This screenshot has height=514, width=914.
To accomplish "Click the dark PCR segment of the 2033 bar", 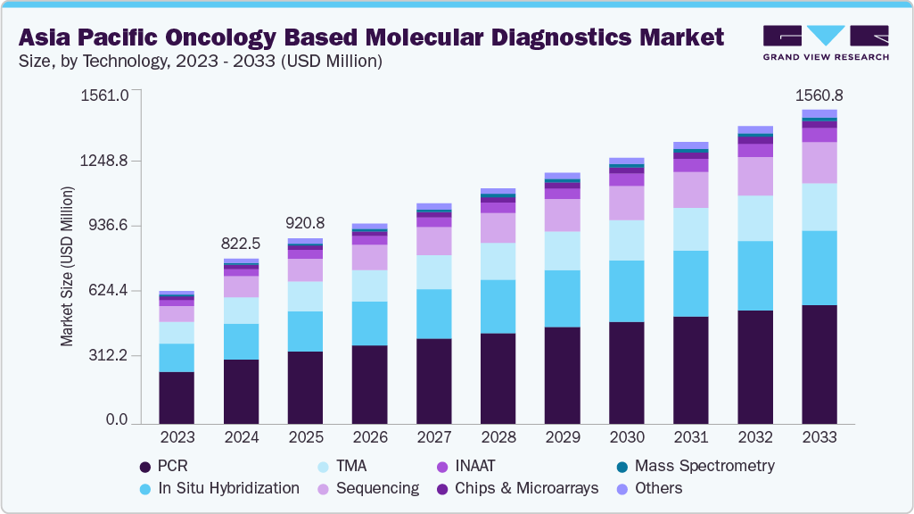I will (x=819, y=364).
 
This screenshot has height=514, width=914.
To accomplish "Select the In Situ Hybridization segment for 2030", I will (x=626, y=291).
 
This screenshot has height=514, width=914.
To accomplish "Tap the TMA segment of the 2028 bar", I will (x=498, y=261).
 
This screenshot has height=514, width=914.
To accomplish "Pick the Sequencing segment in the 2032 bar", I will (x=754, y=176).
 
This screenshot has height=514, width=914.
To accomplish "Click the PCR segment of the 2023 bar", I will (x=177, y=397).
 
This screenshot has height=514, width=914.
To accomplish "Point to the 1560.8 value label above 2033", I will (x=819, y=95).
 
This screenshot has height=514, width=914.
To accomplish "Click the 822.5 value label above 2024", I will (x=241, y=244).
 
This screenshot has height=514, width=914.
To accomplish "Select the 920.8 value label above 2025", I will (x=305, y=223).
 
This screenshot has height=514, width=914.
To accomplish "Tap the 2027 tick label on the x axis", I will (x=433, y=437).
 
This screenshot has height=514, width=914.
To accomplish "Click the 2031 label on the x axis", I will (x=690, y=437).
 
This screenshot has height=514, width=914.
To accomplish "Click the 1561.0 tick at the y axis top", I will (x=105, y=95).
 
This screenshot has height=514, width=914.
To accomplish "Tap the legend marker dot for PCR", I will (x=144, y=467).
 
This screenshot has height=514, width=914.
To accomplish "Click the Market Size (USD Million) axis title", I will (x=67, y=266).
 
